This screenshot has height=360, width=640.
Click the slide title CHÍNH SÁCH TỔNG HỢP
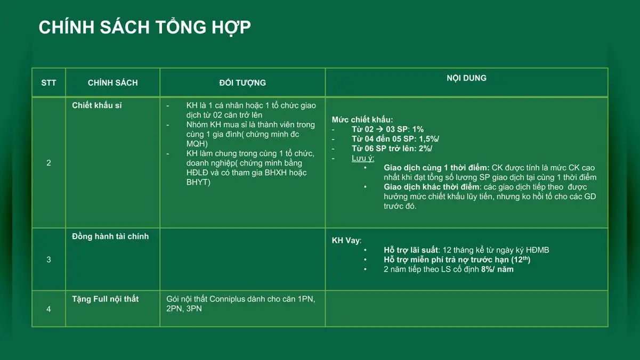coord(144,28)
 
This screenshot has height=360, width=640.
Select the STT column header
coord(48,83)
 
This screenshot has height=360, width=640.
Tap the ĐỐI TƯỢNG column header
coord(242,83)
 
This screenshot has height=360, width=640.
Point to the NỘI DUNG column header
coord(467,78)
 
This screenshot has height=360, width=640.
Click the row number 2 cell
coord(48,163)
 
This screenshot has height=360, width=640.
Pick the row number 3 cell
coord(48,259)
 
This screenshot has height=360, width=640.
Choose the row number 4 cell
coord(48,309)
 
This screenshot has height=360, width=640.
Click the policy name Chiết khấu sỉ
coord(97,105)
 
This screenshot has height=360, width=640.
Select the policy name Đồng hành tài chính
coord(110,236)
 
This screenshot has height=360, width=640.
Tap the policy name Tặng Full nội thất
coord(105,299)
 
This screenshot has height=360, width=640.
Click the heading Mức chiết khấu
coord(362,120)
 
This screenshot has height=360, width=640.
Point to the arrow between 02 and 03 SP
coord(380,129)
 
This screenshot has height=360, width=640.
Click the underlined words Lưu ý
coord(363,158)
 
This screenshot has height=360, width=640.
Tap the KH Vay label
coord(346,240)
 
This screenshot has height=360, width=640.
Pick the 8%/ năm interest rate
coord(497,269)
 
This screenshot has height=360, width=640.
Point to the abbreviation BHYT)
coord(198,182)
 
